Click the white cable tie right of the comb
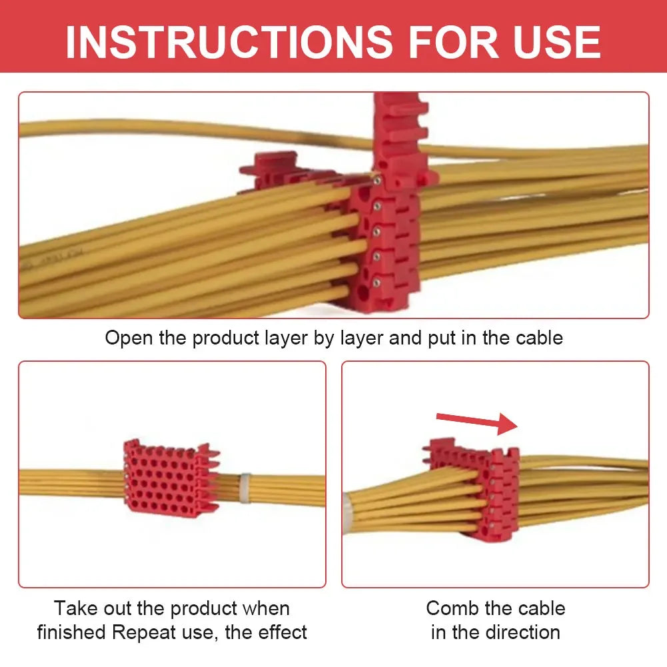245,487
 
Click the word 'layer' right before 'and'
362,338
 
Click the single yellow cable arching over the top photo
167,128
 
